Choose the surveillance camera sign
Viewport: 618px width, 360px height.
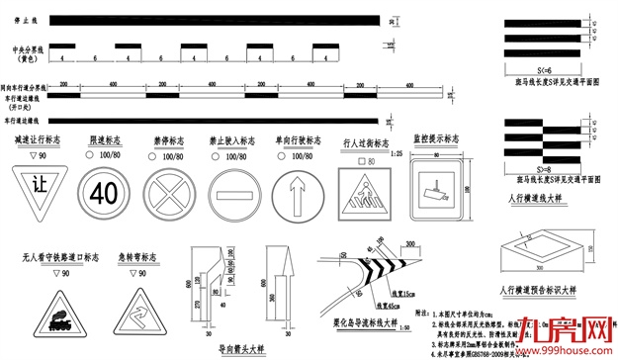(434, 187)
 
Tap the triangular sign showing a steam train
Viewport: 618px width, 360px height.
(49, 316)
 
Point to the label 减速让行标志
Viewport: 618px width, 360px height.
(41, 141)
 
